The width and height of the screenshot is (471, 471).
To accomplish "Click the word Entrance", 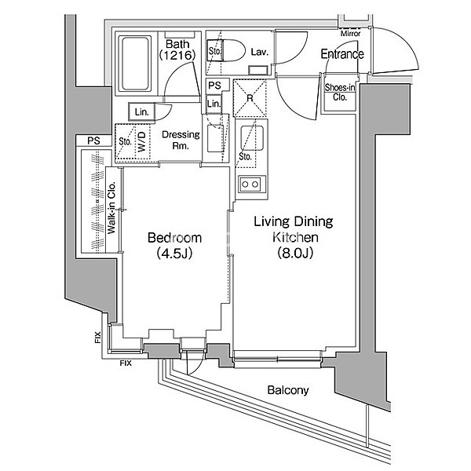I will [341, 54].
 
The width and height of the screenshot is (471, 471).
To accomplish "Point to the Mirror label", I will [350, 34].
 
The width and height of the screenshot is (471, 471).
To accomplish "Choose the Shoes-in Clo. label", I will [339, 92].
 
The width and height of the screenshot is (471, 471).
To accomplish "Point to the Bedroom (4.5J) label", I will [175, 245].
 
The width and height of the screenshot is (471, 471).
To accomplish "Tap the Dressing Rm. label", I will [181, 140].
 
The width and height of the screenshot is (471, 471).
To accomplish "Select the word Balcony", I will [287, 390].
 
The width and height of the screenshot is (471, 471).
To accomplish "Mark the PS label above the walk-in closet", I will [94, 141].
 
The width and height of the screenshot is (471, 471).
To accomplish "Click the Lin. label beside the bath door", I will [141, 112].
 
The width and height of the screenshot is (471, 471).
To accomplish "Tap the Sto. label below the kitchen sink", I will [244, 156].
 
